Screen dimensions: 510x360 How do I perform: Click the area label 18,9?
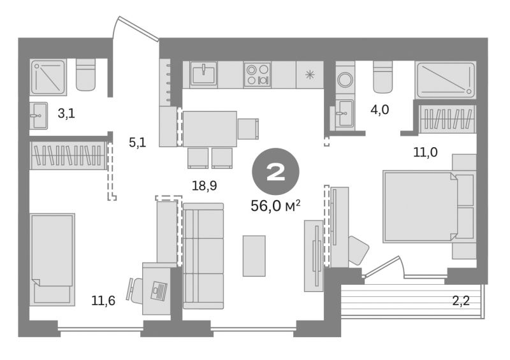pos(204,186)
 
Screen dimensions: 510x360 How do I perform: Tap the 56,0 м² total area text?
pos(275,206)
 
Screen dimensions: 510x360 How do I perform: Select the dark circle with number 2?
pos(275,171)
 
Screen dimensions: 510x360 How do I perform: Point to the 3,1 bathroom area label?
pos(66,113)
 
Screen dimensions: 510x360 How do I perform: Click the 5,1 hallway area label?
pos(138,142)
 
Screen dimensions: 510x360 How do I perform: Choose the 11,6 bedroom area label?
pos(103,301)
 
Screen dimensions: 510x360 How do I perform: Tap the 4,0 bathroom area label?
pos(379,110)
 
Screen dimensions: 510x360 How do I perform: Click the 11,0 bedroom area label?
pos(425,152)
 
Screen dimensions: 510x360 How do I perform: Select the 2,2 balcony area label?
pos(461,301)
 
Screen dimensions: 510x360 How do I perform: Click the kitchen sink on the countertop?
pos(203,74)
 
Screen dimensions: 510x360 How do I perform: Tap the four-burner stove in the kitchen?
pos(258,75)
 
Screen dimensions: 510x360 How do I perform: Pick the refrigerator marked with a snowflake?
pos(310,75)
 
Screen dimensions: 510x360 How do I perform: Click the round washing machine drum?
pos(344,79)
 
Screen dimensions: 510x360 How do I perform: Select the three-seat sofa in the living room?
pos(203,256)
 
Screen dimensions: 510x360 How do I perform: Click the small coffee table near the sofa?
pos(254,256)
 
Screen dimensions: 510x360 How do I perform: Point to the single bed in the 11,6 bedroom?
pos(52,259)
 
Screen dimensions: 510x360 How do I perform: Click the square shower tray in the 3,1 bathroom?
pos(48,77)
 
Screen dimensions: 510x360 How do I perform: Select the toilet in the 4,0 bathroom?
pos(383,77)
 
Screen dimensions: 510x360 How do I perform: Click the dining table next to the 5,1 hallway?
pos(210,129)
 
